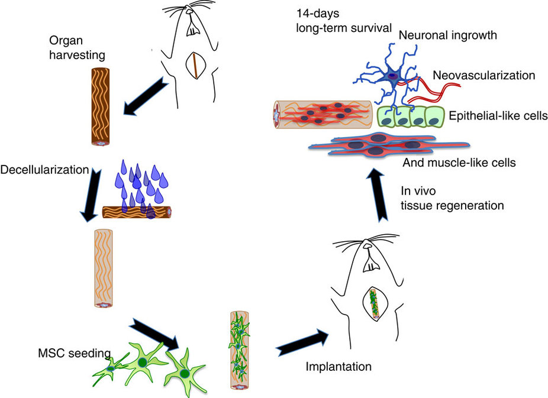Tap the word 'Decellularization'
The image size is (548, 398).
click(x=44, y=170)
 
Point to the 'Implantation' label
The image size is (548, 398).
click(x=339, y=367)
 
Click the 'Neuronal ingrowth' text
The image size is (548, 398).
click(x=447, y=35)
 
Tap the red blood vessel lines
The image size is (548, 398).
click(x=438, y=89)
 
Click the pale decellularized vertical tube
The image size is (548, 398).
click(x=103, y=267)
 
